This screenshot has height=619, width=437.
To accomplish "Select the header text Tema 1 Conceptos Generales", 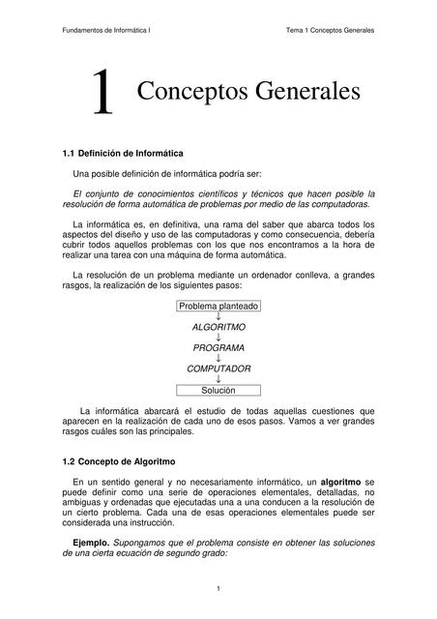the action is [329, 30].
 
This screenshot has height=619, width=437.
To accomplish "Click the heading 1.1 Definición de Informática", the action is [123, 154].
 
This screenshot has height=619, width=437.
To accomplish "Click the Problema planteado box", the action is [218, 306].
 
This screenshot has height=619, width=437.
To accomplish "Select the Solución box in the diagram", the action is [218, 391].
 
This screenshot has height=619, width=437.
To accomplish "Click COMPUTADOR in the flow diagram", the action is [218, 369].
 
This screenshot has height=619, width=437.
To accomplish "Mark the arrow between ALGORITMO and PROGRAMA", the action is [218, 338].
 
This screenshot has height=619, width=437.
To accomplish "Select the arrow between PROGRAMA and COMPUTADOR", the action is [218, 359].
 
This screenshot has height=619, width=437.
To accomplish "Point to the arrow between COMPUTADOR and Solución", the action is [218, 380].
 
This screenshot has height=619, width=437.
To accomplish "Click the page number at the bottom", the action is [218, 589].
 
